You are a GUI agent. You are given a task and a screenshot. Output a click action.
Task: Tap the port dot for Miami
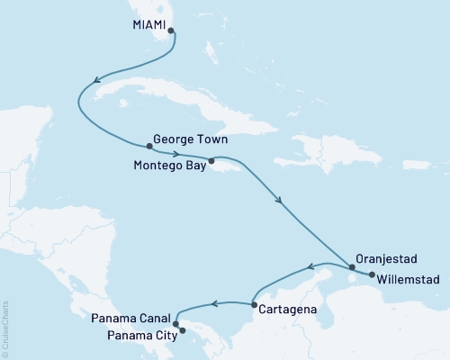click(171, 30)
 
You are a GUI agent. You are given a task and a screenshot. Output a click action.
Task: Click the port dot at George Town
click(148, 146)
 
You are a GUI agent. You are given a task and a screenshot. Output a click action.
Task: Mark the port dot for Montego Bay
click(211, 162)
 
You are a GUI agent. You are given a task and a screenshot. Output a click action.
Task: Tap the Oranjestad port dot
click(351, 266)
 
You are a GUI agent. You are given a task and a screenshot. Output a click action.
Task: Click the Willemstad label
click(410, 279)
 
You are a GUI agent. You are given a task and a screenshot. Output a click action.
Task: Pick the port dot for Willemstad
click(372, 274)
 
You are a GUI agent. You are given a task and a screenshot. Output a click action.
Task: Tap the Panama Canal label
click(130, 319)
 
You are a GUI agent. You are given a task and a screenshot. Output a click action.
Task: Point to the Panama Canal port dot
click(175, 324)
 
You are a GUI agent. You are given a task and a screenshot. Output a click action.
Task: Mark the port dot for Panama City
click(182, 330)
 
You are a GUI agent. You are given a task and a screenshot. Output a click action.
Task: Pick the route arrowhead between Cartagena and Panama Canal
click(214, 303)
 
